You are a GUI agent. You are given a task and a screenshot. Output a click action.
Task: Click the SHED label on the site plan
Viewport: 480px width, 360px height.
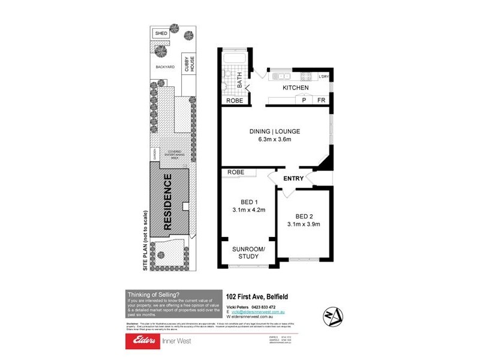pos(161,32)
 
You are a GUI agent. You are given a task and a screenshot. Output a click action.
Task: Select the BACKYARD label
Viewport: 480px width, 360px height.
pos(164,67)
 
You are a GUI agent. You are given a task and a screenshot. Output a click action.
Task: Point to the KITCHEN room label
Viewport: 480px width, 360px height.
pos(295,88)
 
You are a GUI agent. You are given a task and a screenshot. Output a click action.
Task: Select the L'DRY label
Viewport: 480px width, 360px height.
pos(323,76)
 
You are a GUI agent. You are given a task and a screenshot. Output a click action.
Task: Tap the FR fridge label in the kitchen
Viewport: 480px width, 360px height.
pos(321,100)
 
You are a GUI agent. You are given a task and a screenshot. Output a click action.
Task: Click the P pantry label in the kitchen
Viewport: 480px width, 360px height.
pos(304,100)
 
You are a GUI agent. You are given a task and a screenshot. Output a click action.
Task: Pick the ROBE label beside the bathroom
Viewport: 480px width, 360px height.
pos(235,100)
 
